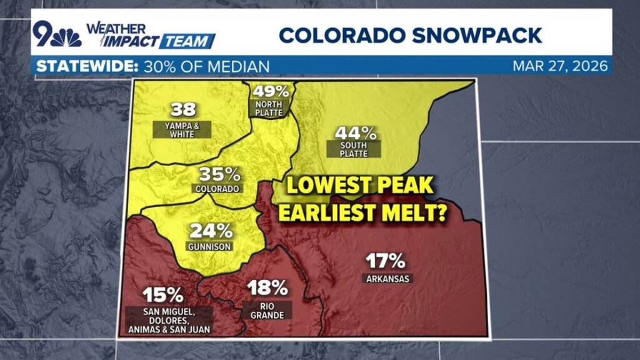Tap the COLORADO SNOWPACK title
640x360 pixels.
410,35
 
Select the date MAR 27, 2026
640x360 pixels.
560,66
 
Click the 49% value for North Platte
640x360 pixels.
268,91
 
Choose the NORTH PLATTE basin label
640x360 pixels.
268,108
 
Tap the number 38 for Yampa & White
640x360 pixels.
182,111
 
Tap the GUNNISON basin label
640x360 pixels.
209,247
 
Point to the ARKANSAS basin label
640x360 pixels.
387,278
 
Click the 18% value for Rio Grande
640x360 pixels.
267,288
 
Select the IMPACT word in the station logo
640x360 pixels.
121,41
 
